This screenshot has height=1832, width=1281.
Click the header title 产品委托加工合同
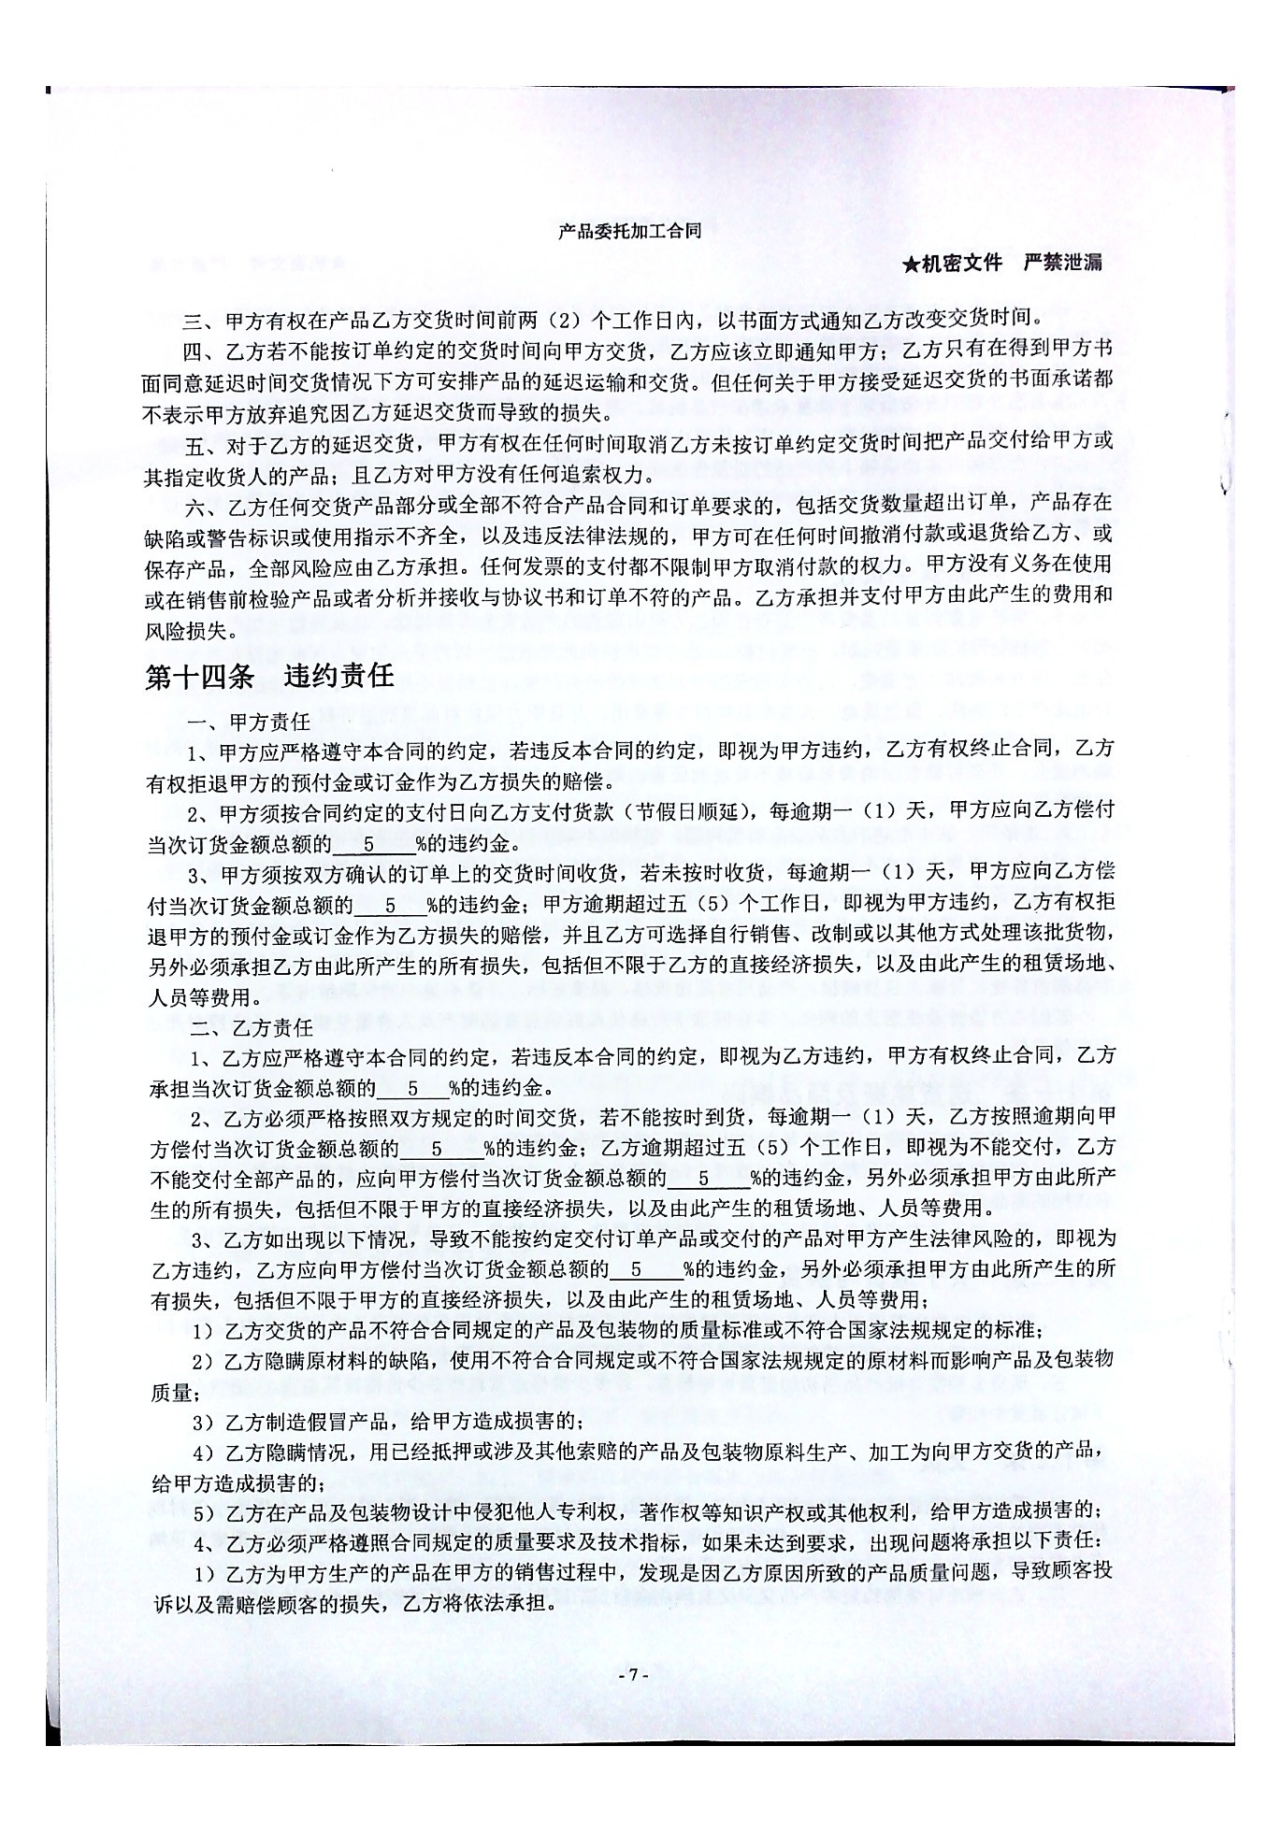pos(629,231)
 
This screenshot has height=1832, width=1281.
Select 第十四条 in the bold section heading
pos(198,676)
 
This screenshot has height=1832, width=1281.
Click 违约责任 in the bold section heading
pos(340,676)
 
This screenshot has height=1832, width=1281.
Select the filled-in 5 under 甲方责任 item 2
pos(369,844)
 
